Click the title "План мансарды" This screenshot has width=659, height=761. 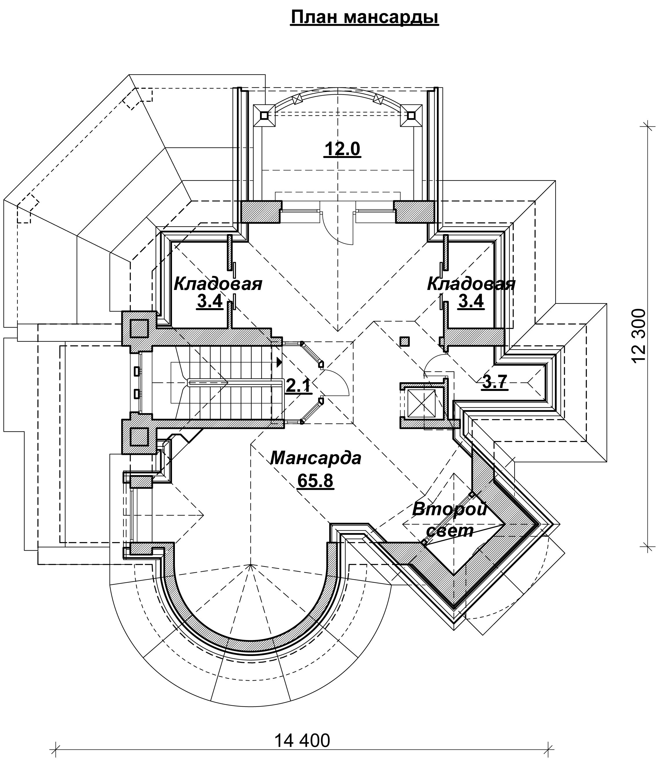click(x=365, y=17)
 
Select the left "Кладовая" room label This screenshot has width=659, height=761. click(x=218, y=284)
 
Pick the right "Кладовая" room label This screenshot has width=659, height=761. click(x=471, y=284)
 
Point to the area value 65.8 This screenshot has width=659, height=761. click(x=316, y=480)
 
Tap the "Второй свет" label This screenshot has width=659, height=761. click(x=449, y=520)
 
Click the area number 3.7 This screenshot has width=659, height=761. click(x=495, y=381)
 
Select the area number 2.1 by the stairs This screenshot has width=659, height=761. click(x=298, y=386)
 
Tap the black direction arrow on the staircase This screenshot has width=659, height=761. click(x=279, y=362)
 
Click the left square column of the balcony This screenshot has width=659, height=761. click(x=264, y=115)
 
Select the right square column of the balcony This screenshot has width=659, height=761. click(x=411, y=115)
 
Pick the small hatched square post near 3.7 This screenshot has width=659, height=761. click(x=404, y=341)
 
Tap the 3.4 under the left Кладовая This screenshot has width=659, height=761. click(x=210, y=301)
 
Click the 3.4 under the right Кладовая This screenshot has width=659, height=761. click(x=471, y=301)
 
